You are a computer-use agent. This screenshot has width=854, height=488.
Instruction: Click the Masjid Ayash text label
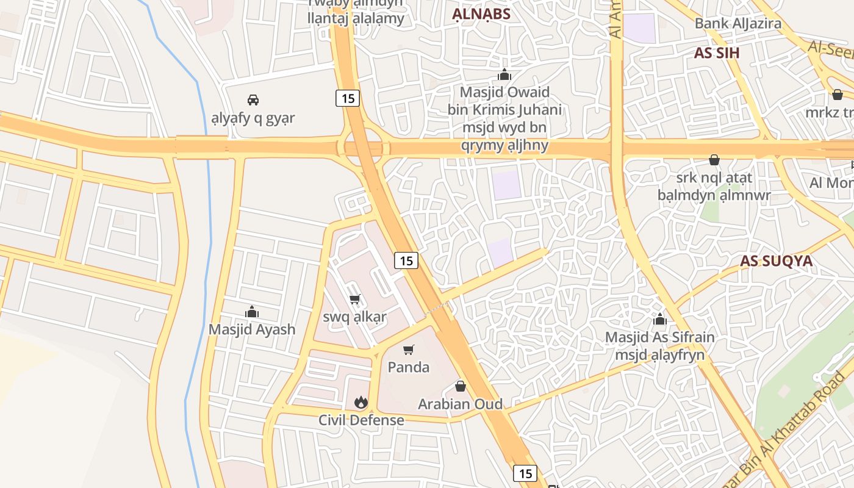tap(252, 329)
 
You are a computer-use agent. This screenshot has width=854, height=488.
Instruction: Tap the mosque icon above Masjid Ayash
tap(252, 312)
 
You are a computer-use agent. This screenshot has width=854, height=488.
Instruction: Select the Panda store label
tap(409, 367)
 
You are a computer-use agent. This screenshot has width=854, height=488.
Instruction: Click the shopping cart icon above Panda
tap(409, 350)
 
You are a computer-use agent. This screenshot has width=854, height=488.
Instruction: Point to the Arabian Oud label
tap(461, 404)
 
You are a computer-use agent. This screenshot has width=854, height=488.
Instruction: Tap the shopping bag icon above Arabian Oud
tap(461, 386)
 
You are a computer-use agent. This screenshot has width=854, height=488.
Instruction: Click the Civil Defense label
tap(361, 420)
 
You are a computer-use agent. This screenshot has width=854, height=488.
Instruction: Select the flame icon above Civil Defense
tap(361, 402)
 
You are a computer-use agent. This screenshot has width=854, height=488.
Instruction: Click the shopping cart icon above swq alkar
tap(354, 299)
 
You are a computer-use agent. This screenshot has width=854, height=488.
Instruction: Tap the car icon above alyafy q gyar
tap(253, 99)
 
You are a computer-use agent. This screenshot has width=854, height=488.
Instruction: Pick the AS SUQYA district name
tap(777, 261)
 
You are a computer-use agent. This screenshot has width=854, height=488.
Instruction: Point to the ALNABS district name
tap(481, 15)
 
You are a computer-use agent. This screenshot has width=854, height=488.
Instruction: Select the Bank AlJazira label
tap(738, 24)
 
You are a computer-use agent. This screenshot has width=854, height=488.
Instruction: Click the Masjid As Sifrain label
tap(659, 337)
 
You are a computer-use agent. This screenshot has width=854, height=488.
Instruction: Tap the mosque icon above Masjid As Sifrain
tap(659, 319)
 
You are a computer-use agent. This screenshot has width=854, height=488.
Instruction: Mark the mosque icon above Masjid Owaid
tap(504, 75)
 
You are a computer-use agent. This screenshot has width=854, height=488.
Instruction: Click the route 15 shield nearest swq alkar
tap(406, 260)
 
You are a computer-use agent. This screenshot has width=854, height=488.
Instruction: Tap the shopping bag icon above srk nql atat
tap(714, 160)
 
